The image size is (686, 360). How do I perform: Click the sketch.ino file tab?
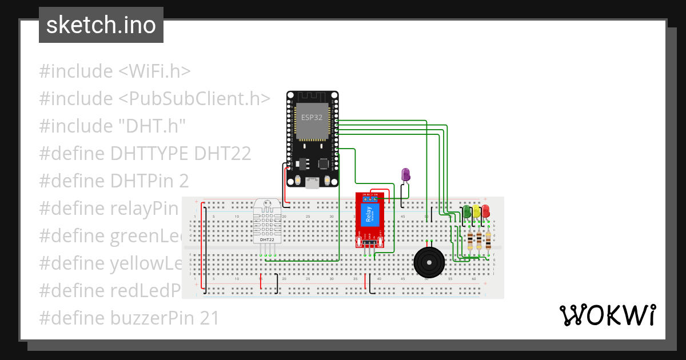click(x=101, y=25)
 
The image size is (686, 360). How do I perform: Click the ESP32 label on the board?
click(x=312, y=117)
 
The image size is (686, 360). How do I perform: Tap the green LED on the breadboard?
click(x=467, y=211)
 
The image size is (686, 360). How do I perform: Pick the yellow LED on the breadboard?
click(x=476, y=211)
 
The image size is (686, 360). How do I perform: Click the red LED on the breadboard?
click(x=485, y=211)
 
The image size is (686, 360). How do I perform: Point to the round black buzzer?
click(x=429, y=262)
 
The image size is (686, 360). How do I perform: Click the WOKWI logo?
click(x=607, y=315)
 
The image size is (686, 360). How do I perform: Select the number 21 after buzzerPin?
click(x=209, y=318)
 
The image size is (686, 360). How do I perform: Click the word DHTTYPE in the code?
click(x=150, y=154)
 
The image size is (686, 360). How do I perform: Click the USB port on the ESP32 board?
click(x=312, y=183)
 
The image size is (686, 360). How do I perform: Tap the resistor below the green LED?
click(x=470, y=241)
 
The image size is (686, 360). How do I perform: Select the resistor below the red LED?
click(x=488, y=241)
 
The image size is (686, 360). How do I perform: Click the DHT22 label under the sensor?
click(x=267, y=240)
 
